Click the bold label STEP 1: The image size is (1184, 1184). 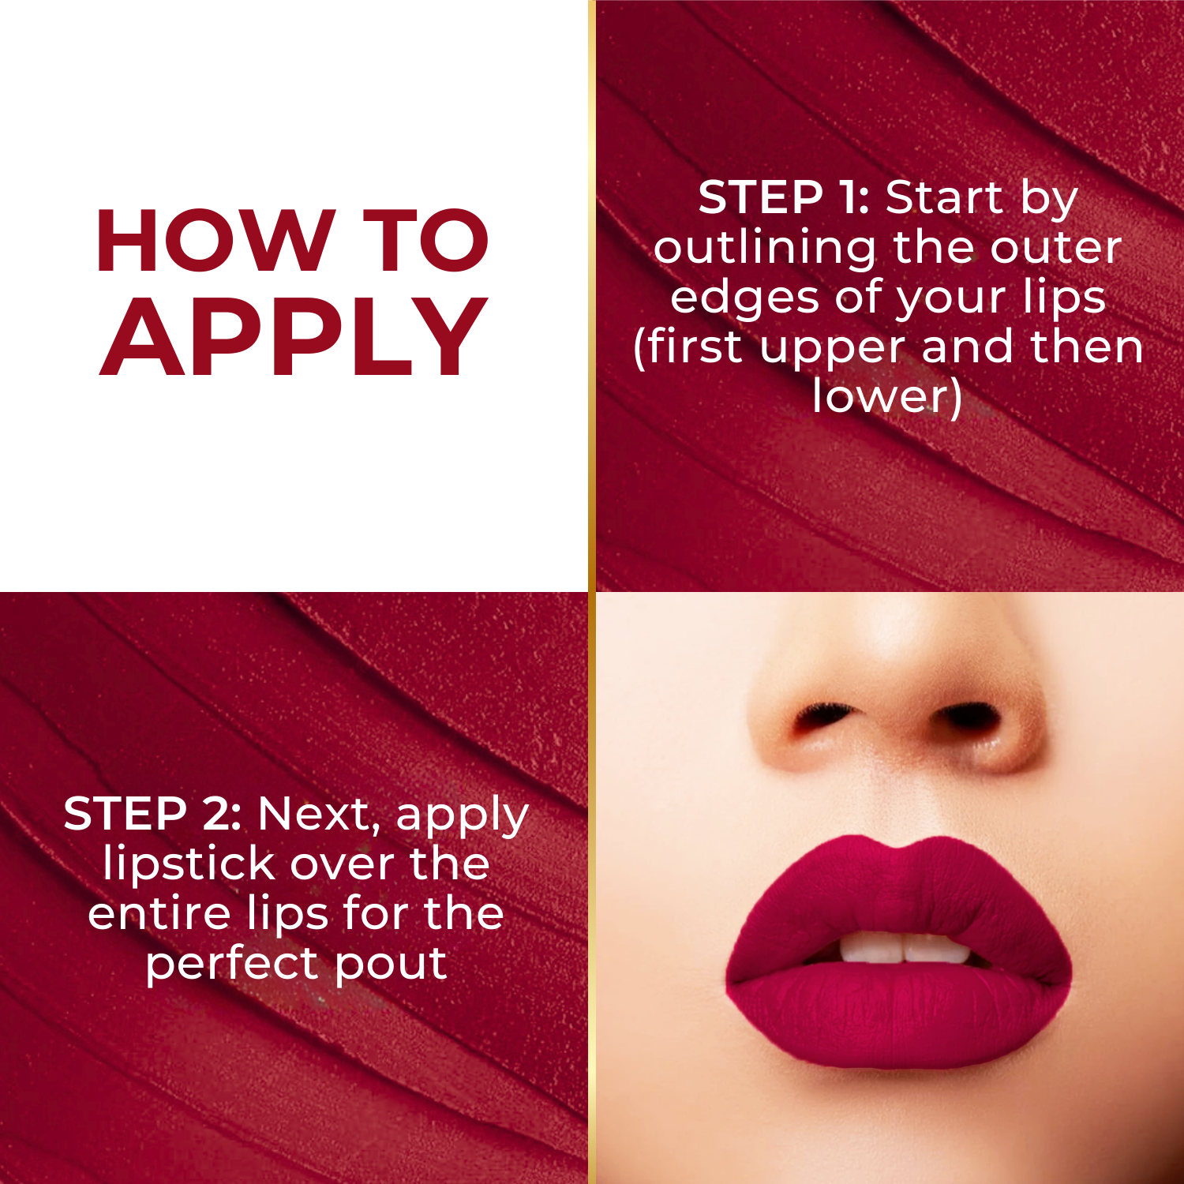[x=783, y=197]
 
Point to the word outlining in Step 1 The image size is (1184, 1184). [x=764, y=249]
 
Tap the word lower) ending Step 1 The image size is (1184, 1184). [x=887, y=396]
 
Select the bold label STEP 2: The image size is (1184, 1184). [x=152, y=814]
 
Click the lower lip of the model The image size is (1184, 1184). [x=900, y=1018]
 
